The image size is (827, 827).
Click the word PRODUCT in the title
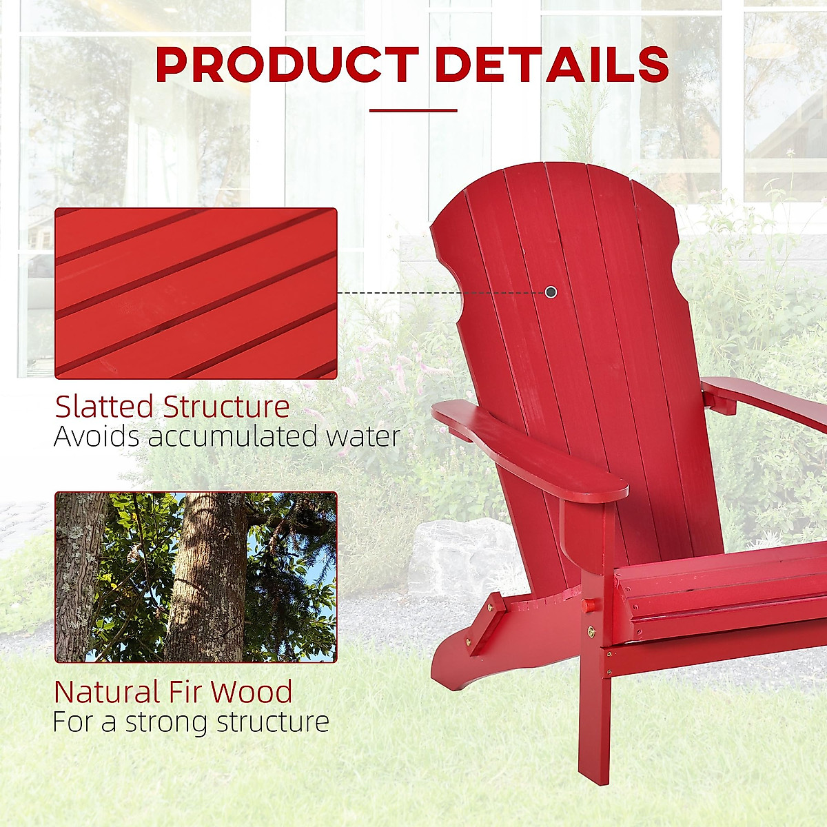click(x=287, y=65)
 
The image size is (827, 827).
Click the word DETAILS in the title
click(x=552, y=65)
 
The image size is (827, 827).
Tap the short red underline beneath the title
click(x=413, y=110)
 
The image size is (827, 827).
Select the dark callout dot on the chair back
click(x=551, y=292)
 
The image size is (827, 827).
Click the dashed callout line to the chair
click(x=441, y=292)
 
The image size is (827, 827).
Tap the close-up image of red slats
click(x=196, y=293)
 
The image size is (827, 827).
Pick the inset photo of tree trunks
click(x=196, y=578)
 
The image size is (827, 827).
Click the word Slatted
click(x=105, y=407)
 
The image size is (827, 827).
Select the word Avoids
click(x=96, y=436)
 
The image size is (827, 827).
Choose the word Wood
click(x=252, y=691)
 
